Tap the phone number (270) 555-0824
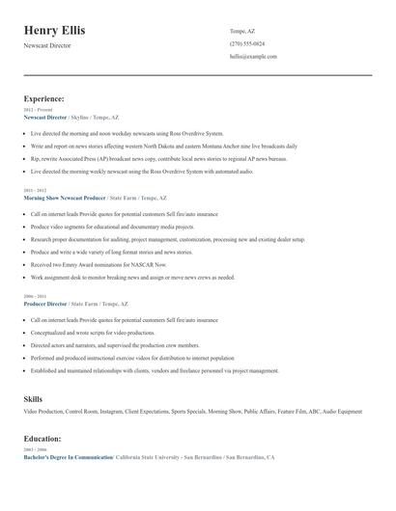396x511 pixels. (x=247, y=43)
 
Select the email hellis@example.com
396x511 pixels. (x=253, y=56)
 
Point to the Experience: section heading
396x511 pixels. (x=43, y=98)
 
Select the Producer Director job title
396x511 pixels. (x=44, y=303)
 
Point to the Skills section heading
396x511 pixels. (x=33, y=397)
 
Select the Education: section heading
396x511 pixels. (x=42, y=438)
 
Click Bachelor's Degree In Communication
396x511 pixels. (x=67, y=457)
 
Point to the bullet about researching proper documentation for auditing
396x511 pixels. (x=159, y=238)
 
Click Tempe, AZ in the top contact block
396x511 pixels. (x=242, y=31)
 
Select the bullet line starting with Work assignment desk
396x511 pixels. (x=132, y=277)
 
